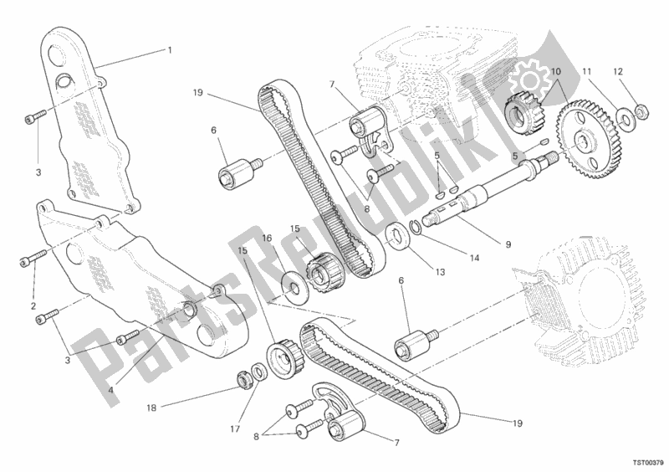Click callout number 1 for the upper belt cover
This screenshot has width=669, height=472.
coord(170,50)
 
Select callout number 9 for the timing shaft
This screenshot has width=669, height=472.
coord(508,244)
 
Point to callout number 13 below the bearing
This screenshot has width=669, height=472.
coord(441,272)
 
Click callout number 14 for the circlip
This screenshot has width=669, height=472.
coord(474,258)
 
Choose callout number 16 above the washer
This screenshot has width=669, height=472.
coord(267,239)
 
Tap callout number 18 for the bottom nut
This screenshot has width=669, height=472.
coord(151,408)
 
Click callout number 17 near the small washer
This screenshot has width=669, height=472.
coord(235,428)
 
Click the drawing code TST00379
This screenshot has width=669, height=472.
coord(648,462)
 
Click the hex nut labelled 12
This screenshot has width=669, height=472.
coord(642,111)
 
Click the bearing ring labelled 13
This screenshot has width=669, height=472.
coord(398,236)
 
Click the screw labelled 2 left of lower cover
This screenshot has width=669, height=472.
coord(33,257)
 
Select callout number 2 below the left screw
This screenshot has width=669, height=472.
coord(33,305)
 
